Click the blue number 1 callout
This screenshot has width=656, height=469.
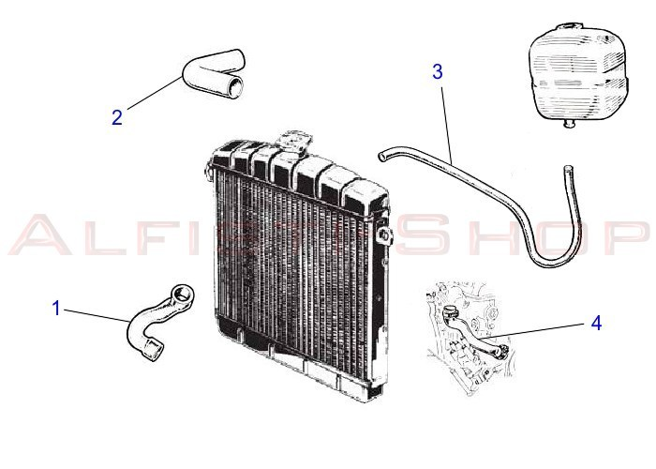click(x=56, y=307)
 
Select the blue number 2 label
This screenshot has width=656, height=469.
click(x=117, y=117)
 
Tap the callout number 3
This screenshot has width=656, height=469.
click(x=438, y=71)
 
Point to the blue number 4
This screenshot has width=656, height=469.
click(x=596, y=323)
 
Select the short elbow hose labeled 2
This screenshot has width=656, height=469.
click(x=214, y=77)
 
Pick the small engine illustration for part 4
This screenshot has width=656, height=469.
click(x=466, y=333)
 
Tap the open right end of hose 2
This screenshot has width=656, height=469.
click(x=238, y=89)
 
